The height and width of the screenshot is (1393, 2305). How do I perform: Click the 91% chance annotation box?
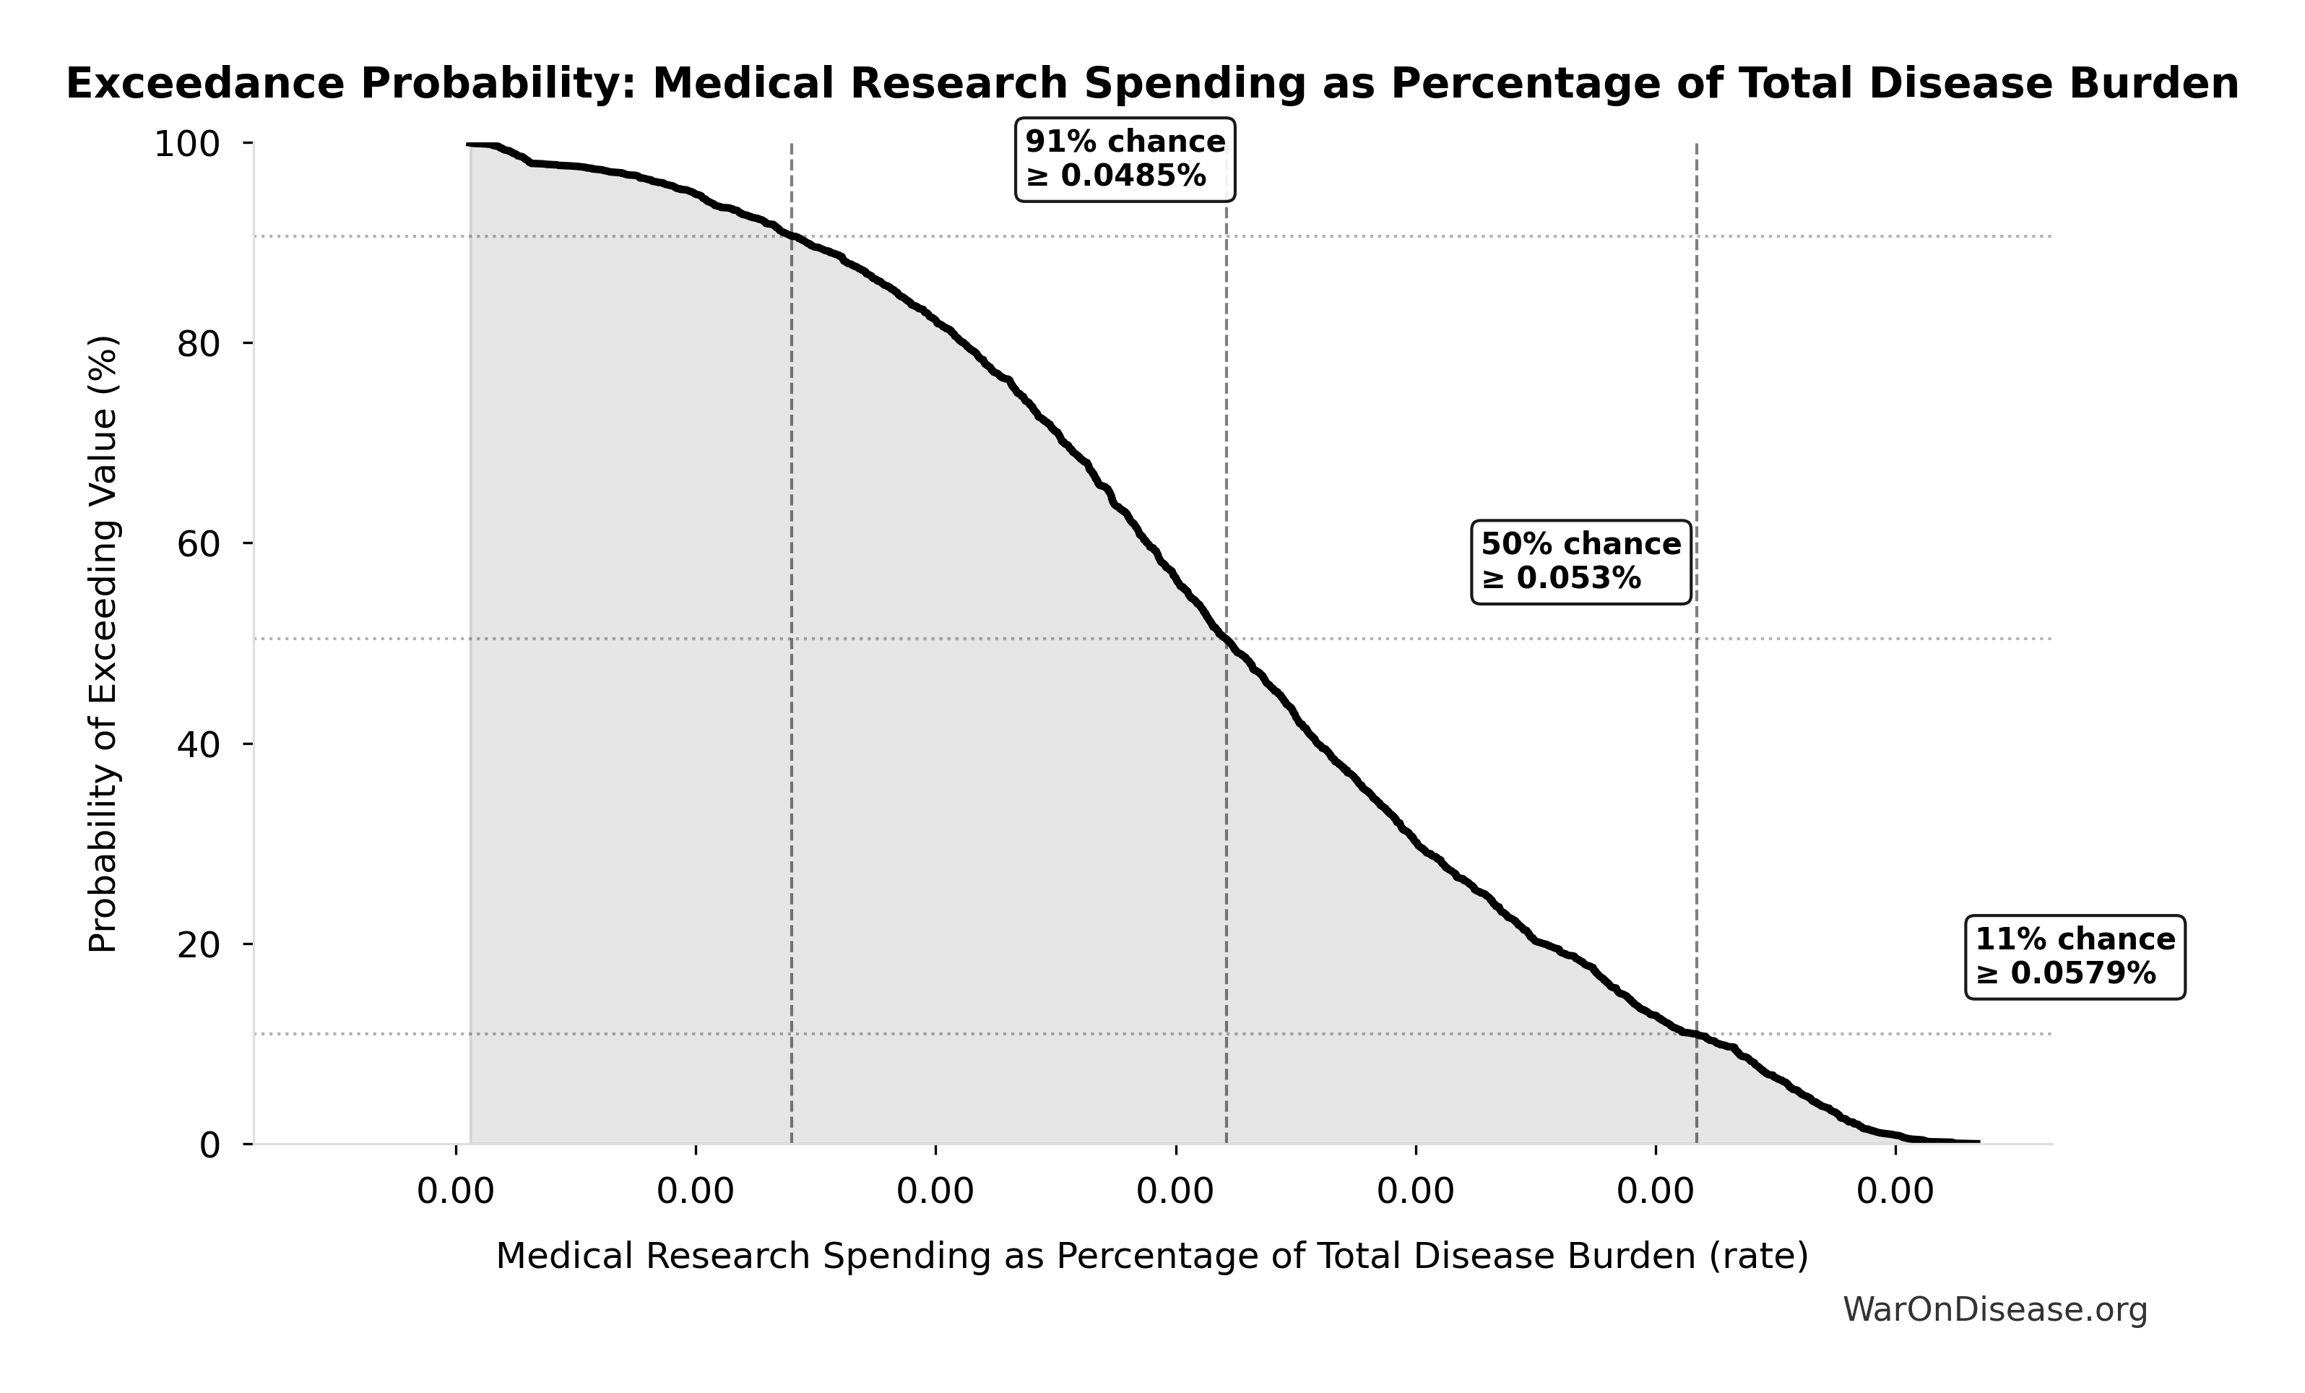[1125, 159]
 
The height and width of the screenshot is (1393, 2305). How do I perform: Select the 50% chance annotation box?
[1581, 561]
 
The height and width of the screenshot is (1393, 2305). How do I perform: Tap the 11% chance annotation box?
[2075, 957]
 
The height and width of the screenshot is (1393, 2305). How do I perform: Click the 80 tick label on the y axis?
[199, 344]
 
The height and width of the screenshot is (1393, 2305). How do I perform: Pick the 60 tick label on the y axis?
[199, 545]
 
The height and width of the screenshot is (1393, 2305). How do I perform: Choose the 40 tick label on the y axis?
[199, 745]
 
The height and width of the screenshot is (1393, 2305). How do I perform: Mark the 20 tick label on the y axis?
[199, 945]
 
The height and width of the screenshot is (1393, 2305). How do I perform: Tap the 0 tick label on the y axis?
[209, 1145]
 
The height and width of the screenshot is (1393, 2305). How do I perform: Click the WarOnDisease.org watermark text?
[1994, 1310]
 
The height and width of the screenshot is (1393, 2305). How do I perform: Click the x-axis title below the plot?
[1151, 1256]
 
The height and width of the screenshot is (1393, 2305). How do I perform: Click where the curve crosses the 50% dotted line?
[1227, 639]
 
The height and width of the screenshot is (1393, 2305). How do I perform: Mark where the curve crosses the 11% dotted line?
[1696, 1034]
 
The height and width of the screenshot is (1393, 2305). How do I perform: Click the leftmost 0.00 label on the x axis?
[456, 1192]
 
